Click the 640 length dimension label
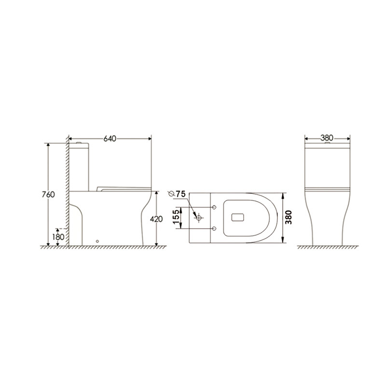pos(110,138)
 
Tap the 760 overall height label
pos(48,194)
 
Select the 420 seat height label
pos(156,219)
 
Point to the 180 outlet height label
pos(58,237)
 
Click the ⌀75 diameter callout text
pos(177,194)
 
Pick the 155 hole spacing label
pos(176,217)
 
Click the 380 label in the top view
pos(288,218)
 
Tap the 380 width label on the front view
pos(327,138)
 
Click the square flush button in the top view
pos(237,218)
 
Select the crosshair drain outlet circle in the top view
pos(199,218)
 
